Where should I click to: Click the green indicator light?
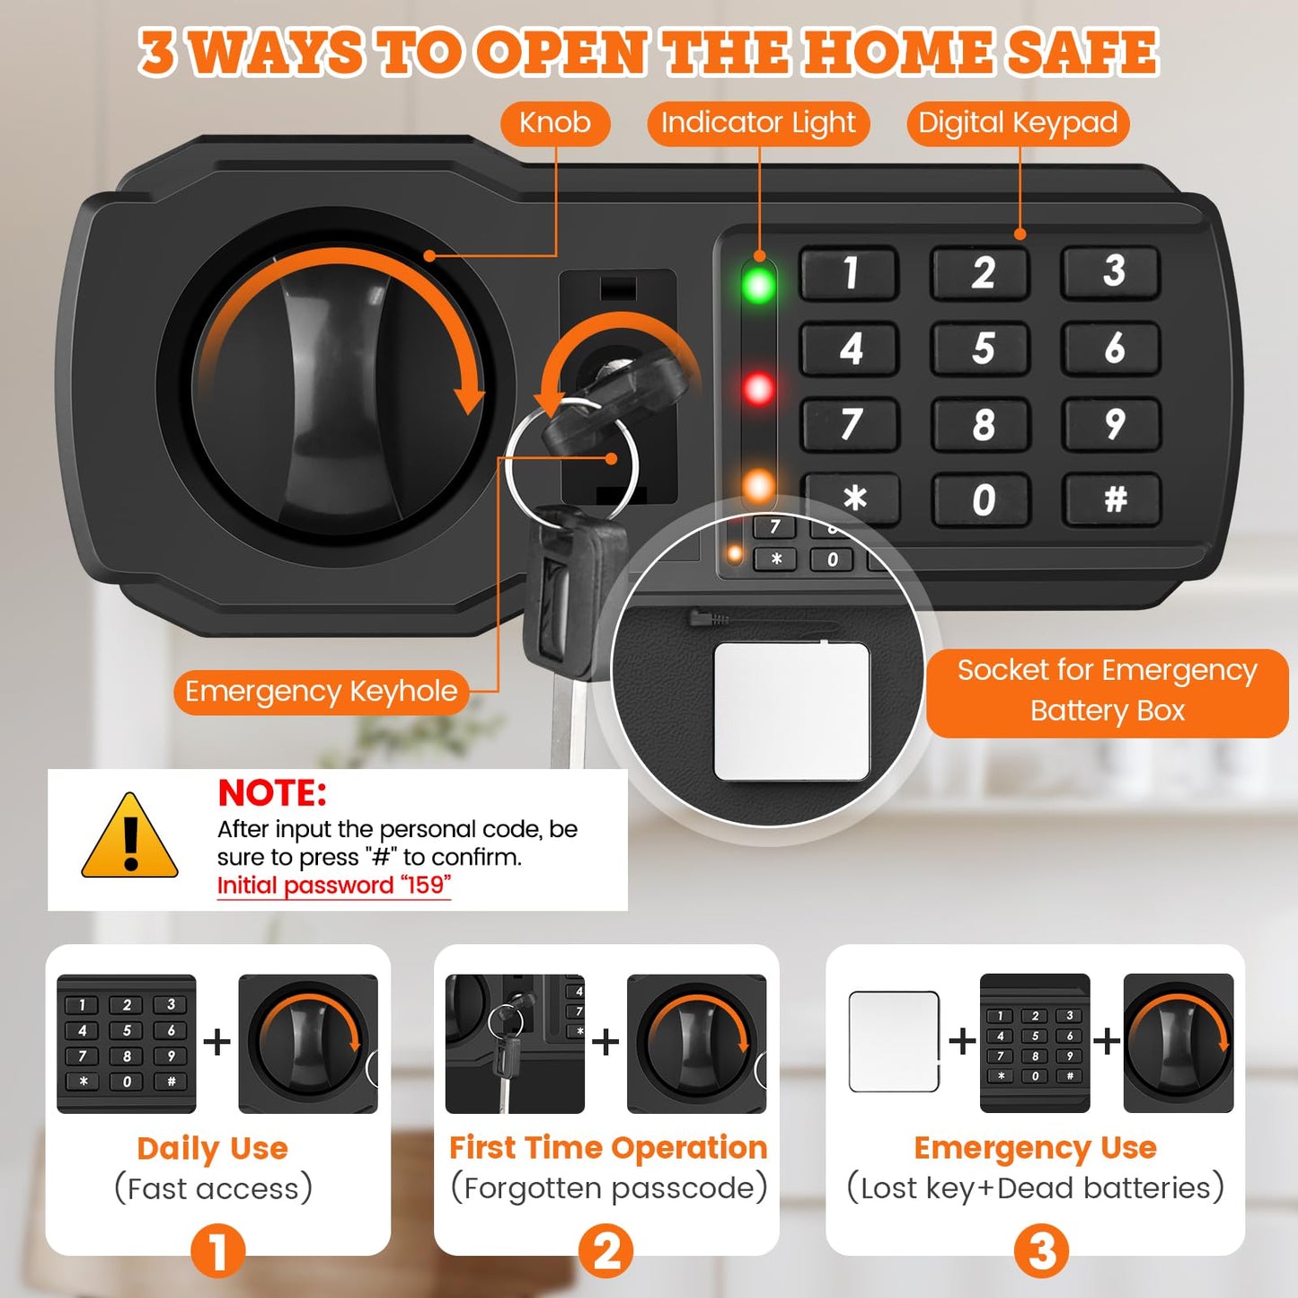tap(759, 285)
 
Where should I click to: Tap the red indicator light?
tap(759, 389)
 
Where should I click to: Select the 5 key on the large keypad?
tap(982, 349)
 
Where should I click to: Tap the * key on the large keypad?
tap(853, 498)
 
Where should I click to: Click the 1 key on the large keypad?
tap(850, 272)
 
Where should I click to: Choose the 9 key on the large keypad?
tap(1114, 424)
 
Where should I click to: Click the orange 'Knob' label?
tap(555, 122)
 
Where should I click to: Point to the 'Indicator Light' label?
tap(758, 122)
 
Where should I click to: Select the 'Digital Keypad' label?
tap(1018, 122)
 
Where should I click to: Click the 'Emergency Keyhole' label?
tap(321, 692)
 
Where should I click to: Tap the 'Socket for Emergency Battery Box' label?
tap(1107, 691)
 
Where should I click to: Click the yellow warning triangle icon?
tap(130, 837)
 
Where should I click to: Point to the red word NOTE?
tap(272, 793)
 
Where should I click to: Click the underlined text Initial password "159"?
tap(333, 886)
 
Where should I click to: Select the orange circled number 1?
tap(217, 1249)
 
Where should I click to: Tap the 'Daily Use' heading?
tap(213, 1148)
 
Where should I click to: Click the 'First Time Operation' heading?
tap(608, 1147)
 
